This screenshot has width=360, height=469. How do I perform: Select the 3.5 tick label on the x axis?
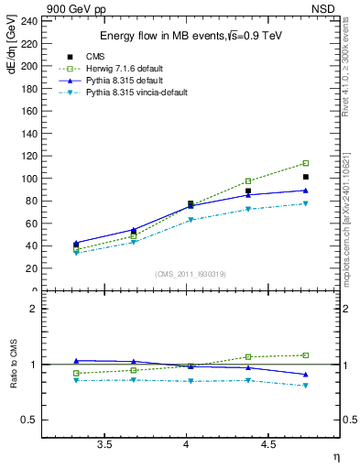point(104,445)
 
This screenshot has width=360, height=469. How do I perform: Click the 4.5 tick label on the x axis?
point(267,445)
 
